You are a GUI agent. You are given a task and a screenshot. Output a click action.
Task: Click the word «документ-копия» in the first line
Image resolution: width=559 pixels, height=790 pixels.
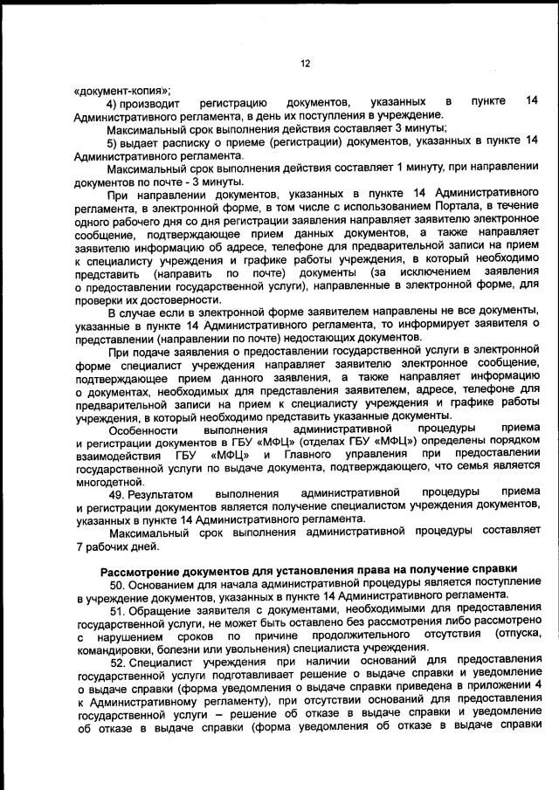(x=123, y=90)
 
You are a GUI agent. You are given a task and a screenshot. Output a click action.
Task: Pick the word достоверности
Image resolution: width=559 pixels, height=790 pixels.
(x=159, y=299)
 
